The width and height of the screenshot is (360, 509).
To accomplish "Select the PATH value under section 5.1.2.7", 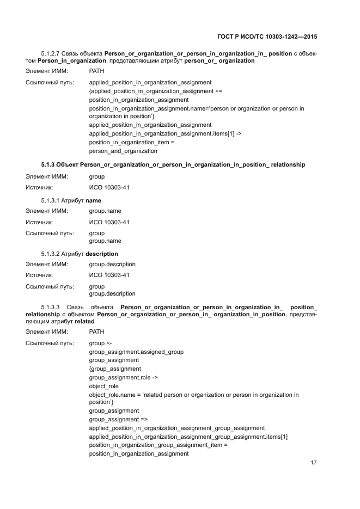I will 96,71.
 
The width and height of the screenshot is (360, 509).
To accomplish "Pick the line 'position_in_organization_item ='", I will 131,142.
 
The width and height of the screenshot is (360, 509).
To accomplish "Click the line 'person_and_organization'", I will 119,151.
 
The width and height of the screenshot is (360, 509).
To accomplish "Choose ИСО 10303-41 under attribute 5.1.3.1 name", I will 109,222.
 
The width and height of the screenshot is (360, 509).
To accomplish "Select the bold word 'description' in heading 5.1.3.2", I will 102,254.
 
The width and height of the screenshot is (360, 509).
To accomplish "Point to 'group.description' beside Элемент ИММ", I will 112,264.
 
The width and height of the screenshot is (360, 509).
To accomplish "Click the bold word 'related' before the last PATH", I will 84,321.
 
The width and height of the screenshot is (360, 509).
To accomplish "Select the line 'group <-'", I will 100,343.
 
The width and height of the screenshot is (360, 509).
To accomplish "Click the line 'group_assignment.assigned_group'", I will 136,352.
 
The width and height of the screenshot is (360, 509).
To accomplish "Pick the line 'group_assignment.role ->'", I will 124,377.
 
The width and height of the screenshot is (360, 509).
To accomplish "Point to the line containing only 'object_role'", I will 104,386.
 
